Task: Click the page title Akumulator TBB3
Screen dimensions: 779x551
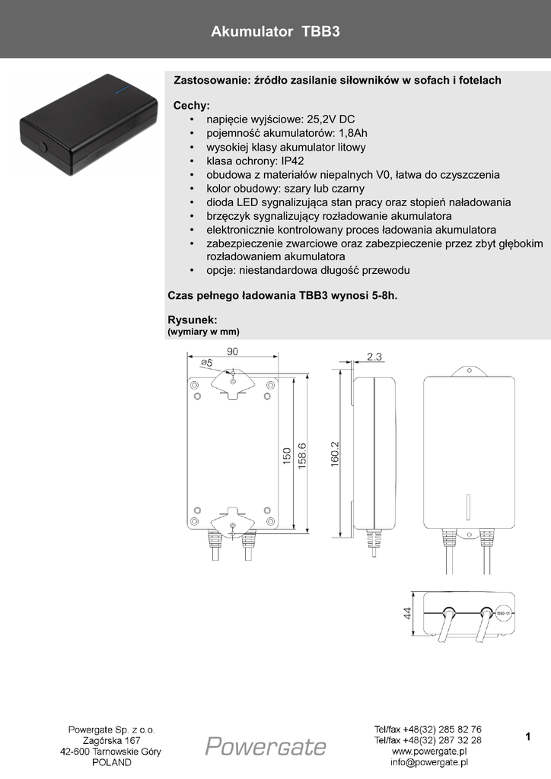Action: click(x=275, y=33)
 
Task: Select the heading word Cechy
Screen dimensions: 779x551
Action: click(x=190, y=106)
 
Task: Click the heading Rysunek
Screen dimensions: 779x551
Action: click(x=192, y=320)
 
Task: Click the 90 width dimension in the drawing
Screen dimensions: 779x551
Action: click(x=233, y=351)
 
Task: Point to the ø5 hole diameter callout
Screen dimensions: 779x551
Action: click(x=206, y=364)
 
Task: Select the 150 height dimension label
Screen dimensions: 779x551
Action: click(x=287, y=456)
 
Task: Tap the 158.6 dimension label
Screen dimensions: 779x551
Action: click(x=301, y=456)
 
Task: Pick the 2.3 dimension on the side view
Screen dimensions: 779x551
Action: click(x=374, y=356)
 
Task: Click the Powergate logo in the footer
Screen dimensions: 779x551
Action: click(x=266, y=746)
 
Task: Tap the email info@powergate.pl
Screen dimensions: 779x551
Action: click(x=428, y=762)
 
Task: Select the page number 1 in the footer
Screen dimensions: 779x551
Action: click(x=527, y=736)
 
